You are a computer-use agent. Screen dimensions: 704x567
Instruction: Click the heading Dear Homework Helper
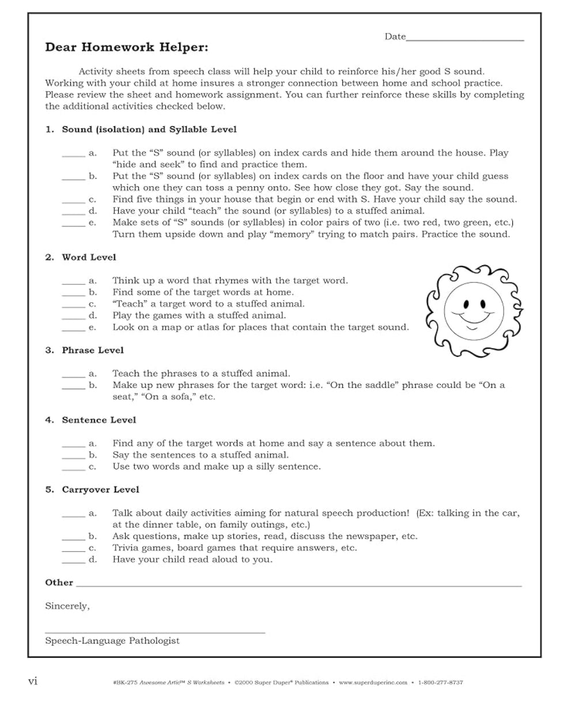coord(127,48)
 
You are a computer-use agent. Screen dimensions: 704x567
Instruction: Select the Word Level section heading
coord(89,257)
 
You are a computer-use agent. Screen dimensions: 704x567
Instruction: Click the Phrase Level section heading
coord(93,350)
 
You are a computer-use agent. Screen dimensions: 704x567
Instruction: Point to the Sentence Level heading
coord(99,420)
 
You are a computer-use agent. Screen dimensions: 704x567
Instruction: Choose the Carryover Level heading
coord(101,490)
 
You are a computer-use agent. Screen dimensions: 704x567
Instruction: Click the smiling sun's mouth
coord(472,316)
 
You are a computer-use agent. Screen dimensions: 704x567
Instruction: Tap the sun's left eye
coord(464,303)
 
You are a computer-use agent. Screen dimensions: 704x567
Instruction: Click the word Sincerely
coord(67,606)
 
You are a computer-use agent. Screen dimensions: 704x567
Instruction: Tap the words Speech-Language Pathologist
coord(112,641)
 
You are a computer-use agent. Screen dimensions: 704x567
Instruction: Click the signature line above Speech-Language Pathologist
coord(155,633)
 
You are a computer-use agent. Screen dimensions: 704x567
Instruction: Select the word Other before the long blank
coord(59,582)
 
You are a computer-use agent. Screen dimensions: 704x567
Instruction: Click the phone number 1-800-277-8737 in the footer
coord(441,683)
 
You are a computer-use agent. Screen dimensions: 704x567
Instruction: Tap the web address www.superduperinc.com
coord(373,683)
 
